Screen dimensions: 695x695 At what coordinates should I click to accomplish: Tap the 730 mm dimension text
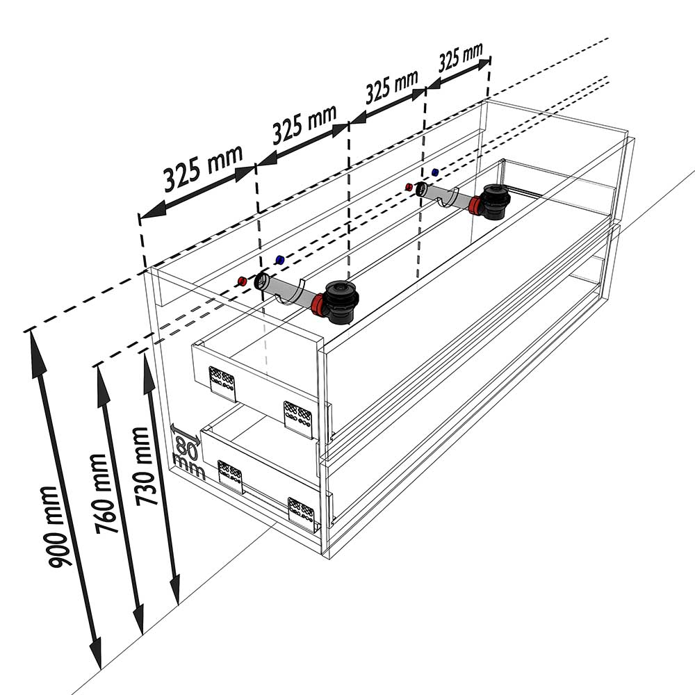pyautogui.click(x=145, y=466)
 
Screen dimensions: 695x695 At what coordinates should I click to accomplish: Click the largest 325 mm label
pyautogui.click(x=203, y=167)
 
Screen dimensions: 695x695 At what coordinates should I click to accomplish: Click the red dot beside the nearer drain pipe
pyautogui.click(x=242, y=281)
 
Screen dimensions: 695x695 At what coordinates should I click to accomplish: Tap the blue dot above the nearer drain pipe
pyautogui.click(x=279, y=259)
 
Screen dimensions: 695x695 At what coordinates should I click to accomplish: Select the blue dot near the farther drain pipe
pyautogui.click(x=434, y=172)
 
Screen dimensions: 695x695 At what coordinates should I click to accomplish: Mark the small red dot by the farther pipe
pyautogui.click(x=409, y=187)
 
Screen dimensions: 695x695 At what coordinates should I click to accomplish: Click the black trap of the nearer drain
pyautogui.click(x=341, y=302)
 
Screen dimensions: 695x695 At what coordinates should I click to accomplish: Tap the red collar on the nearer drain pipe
pyautogui.click(x=318, y=306)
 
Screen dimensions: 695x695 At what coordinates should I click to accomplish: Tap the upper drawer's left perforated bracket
pyautogui.click(x=222, y=384)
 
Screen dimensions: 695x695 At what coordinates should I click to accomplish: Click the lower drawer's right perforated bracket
pyautogui.click(x=302, y=514)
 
